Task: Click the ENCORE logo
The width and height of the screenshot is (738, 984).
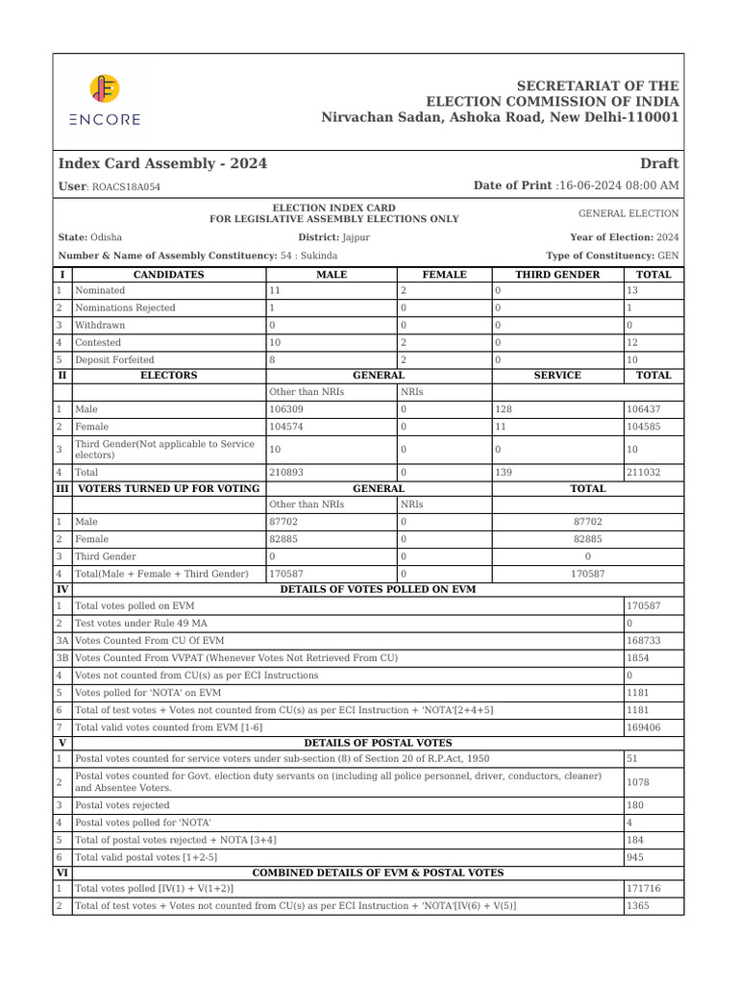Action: point(105,100)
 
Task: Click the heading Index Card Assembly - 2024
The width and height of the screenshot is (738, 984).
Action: point(162,163)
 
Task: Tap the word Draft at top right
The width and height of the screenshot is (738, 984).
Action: point(658,163)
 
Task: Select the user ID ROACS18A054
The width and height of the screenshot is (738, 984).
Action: point(126,187)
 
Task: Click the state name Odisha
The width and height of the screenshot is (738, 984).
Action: point(106,237)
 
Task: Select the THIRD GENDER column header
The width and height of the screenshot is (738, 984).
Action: point(557,274)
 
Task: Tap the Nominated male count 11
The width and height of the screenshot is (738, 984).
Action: point(275,290)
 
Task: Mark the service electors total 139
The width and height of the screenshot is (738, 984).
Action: point(504,473)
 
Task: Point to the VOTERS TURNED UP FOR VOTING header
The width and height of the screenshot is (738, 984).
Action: point(168,488)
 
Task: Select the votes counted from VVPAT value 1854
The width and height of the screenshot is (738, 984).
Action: point(637,657)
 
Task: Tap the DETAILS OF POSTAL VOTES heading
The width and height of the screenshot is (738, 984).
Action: point(378,743)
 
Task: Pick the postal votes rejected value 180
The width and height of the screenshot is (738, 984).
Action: point(635,805)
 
